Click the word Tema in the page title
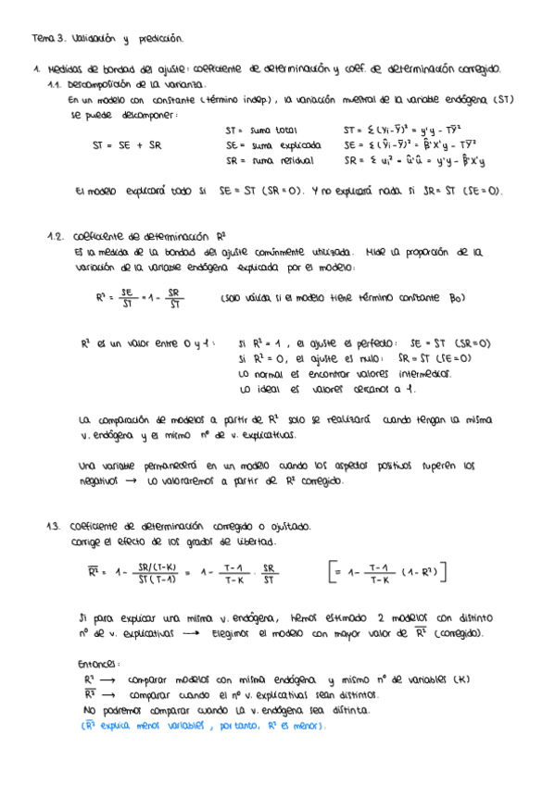[x=43, y=39]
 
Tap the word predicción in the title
[x=162, y=39]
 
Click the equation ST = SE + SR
[x=127, y=145]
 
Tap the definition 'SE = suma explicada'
[x=273, y=145]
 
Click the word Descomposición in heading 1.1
[x=108, y=82]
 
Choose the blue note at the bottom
[x=203, y=726]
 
